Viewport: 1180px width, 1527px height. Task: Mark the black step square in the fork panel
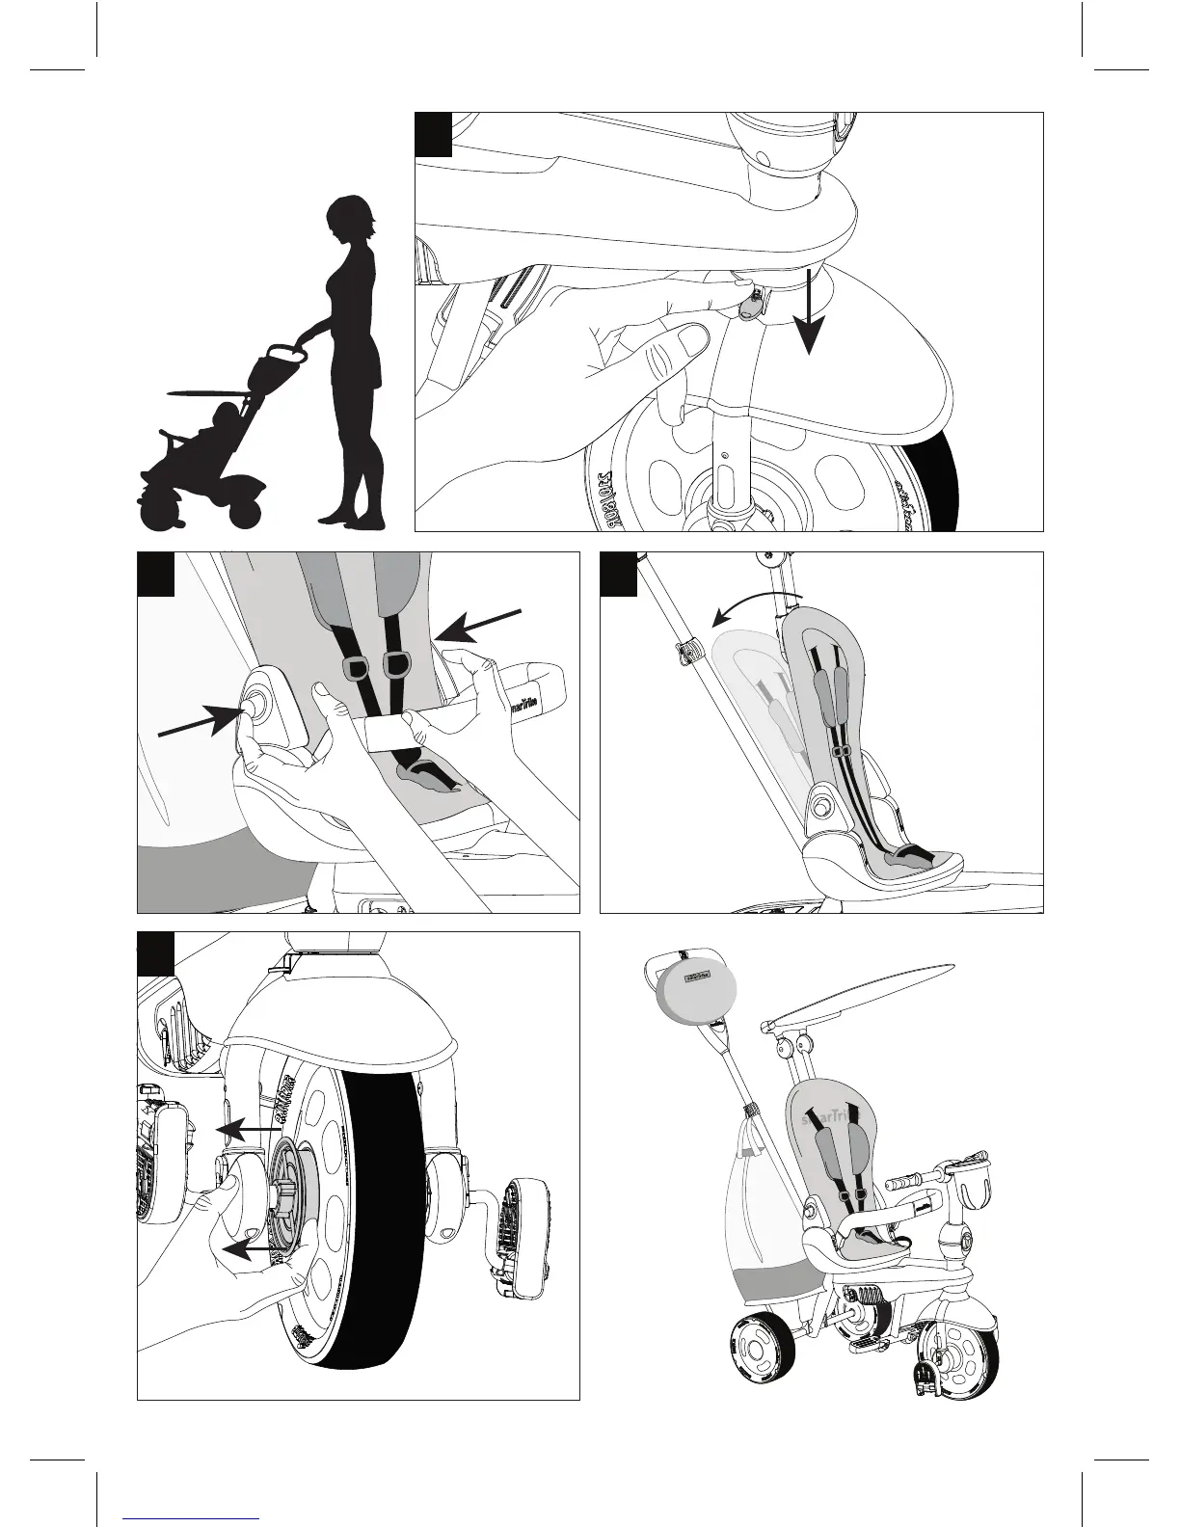click(434, 133)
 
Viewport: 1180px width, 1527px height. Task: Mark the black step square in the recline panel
click(618, 573)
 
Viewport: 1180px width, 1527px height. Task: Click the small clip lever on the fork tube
click(750, 305)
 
